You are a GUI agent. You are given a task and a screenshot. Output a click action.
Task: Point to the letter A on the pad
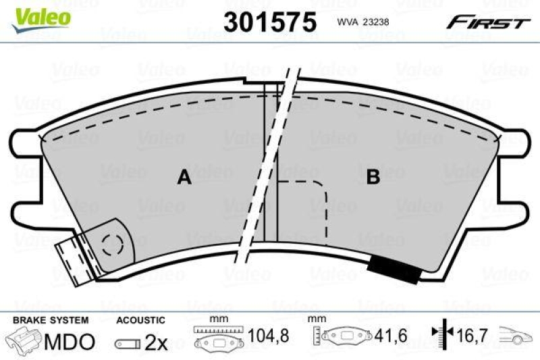(x=184, y=178)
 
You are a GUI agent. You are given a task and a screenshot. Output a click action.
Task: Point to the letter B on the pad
(x=373, y=178)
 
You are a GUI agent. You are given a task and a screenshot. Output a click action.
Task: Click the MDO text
(x=69, y=342)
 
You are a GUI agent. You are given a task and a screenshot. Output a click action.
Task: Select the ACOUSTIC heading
(x=140, y=320)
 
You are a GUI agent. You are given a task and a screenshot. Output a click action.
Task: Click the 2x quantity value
(x=156, y=342)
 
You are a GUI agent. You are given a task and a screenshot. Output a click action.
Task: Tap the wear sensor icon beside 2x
(x=128, y=343)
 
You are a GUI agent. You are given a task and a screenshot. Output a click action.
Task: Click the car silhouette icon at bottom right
(x=515, y=336)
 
